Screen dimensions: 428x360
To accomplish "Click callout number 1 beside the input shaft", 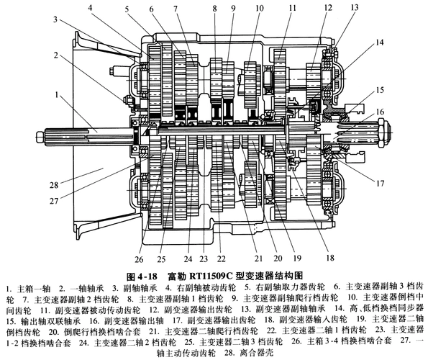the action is [x=57, y=95].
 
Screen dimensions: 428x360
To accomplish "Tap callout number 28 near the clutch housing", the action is [x=54, y=185].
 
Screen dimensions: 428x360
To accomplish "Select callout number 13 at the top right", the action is [x=355, y=7].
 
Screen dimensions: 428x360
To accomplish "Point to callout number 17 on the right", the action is [x=381, y=184].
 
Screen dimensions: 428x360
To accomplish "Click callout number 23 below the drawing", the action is [x=204, y=258].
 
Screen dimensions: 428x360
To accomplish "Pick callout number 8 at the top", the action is [x=215, y=8].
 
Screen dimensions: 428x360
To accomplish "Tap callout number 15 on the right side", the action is [x=380, y=90].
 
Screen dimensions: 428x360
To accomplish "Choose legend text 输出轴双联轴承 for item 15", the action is [x=50, y=320].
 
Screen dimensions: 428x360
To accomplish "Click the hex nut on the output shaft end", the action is [x=383, y=132].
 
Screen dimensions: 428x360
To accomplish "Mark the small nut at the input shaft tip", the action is [x=40, y=135].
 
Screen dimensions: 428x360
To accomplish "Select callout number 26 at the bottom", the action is [x=139, y=259].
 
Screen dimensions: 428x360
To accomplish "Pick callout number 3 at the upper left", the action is [x=55, y=19].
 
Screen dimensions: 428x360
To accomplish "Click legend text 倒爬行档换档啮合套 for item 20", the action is [x=103, y=331].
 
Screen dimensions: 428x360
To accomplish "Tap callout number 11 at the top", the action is [x=292, y=8].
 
